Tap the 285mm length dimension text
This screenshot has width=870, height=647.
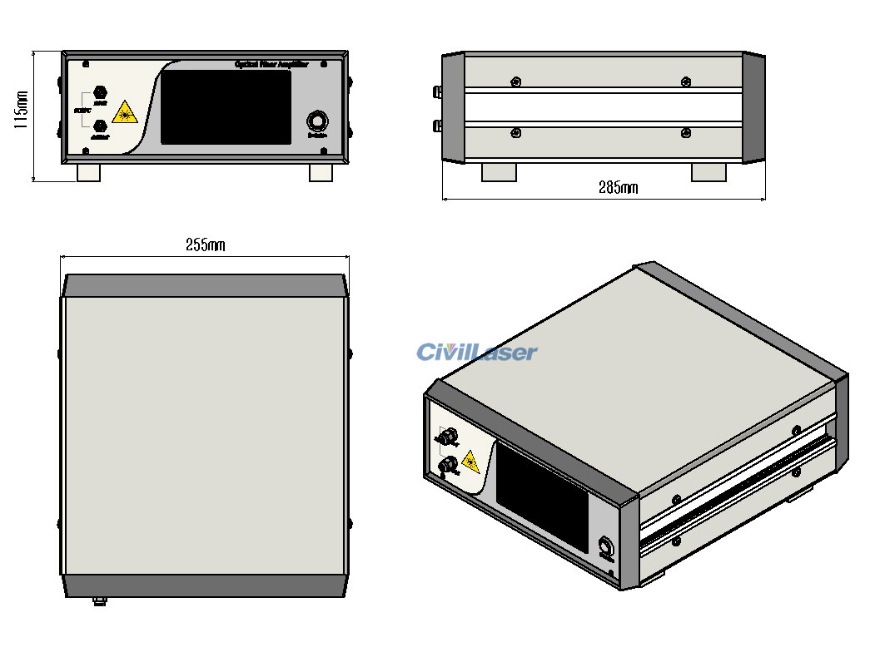coord(618,188)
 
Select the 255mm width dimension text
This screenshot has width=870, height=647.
coord(205,245)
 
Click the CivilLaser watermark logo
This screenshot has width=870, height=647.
coord(477,353)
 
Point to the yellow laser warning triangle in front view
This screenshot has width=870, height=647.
coord(124,112)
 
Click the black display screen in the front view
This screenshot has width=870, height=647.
coord(226,107)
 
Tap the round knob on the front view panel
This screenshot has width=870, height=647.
coord(316,119)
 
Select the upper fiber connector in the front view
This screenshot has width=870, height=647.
coord(101,92)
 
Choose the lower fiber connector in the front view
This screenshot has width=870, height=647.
coord(101,126)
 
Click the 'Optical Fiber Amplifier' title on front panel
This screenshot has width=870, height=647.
coord(271,64)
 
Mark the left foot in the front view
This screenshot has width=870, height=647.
coord(88,172)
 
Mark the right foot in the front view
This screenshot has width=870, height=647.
coord(321,172)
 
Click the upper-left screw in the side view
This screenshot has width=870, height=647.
coord(516,81)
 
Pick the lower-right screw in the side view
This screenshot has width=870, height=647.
coord(685,134)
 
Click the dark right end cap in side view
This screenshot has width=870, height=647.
coord(753,107)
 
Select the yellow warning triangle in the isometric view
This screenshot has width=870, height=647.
coord(470,460)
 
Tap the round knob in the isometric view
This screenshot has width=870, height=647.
coord(605,547)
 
